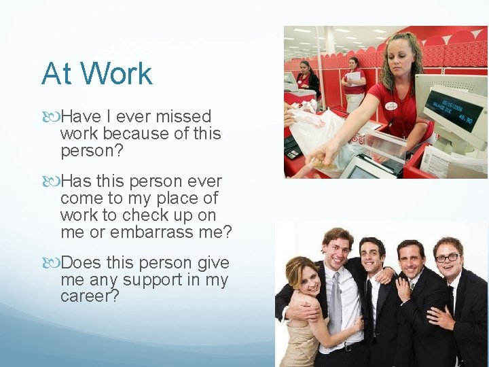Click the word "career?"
(90, 297)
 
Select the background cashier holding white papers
(353, 82)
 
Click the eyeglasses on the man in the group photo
(448, 258)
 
